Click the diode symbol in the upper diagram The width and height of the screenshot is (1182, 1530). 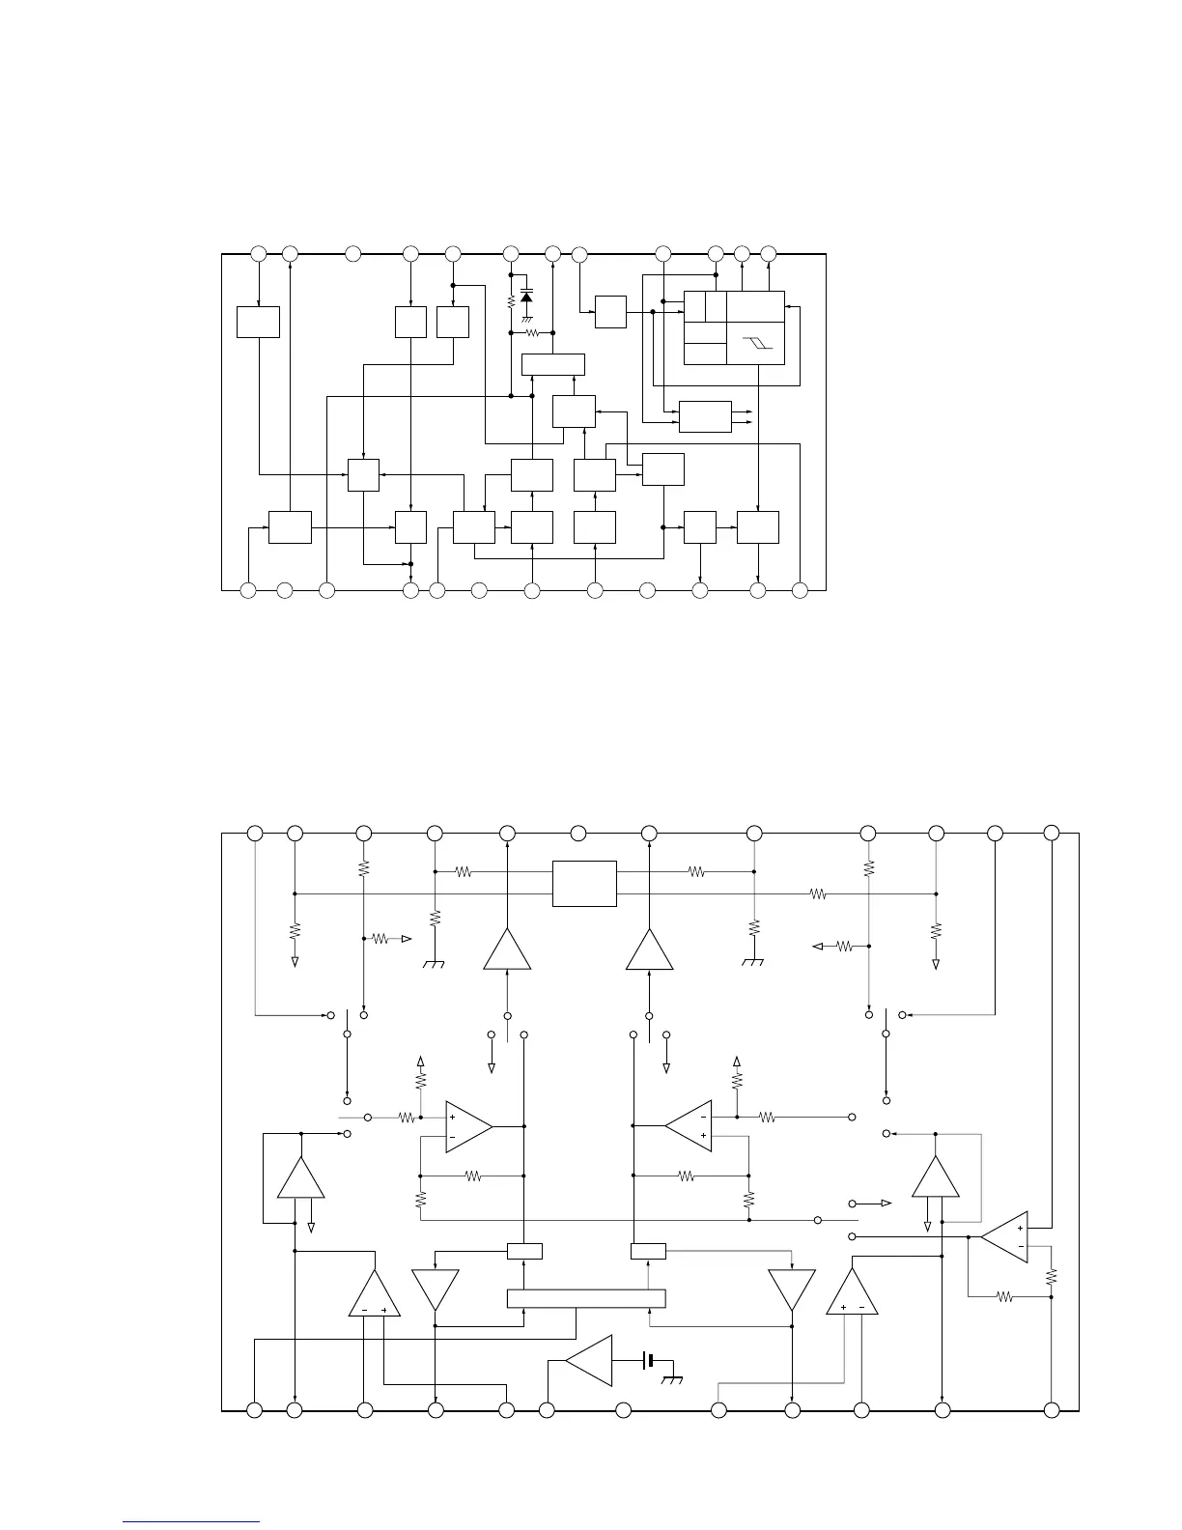click(x=526, y=294)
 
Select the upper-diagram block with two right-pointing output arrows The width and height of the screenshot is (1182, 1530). click(x=705, y=416)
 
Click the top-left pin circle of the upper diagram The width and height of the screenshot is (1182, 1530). click(x=258, y=253)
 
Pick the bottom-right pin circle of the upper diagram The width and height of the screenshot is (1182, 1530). click(x=800, y=589)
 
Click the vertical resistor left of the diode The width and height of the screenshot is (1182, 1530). click(x=511, y=301)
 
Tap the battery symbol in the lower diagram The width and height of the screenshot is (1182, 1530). click(x=651, y=1360)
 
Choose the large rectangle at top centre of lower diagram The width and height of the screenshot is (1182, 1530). click(x=584, y=884)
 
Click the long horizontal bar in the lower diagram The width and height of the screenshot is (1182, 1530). click(x=586, y=1299)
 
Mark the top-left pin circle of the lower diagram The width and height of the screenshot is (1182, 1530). click(x=255, y=833)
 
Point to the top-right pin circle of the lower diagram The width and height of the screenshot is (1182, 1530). click(x=1052, y=833)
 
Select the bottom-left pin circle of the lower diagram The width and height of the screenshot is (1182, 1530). click(x=254, y=1410)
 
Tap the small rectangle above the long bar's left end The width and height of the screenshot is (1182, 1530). click(x=524, y=1252)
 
